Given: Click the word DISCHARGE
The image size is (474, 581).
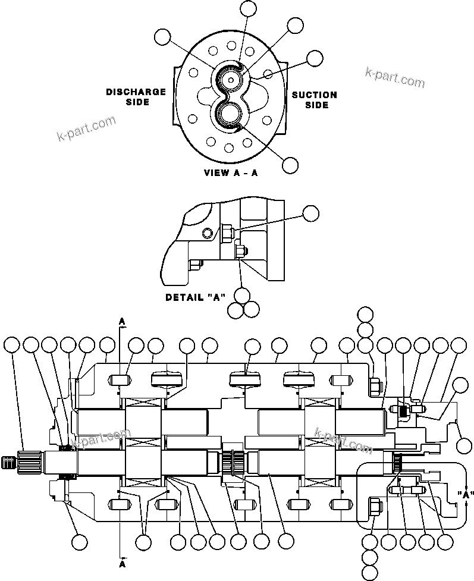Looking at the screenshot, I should point(136,92).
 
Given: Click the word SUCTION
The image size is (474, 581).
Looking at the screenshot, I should point(314,95).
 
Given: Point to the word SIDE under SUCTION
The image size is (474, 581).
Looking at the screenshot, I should point(316,105).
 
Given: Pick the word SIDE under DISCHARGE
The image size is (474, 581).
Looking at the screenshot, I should point(137,102).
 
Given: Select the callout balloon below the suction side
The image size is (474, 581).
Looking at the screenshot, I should point(290,165).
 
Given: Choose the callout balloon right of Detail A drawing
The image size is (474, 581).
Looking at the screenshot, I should point(311,213).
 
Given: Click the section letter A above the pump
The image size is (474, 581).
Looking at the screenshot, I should point(123,321).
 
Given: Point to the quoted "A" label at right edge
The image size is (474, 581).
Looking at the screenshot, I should point(466,494).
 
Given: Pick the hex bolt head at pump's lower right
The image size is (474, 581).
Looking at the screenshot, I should point(375,505).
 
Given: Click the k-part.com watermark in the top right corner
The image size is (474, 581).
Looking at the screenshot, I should point(395,77).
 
